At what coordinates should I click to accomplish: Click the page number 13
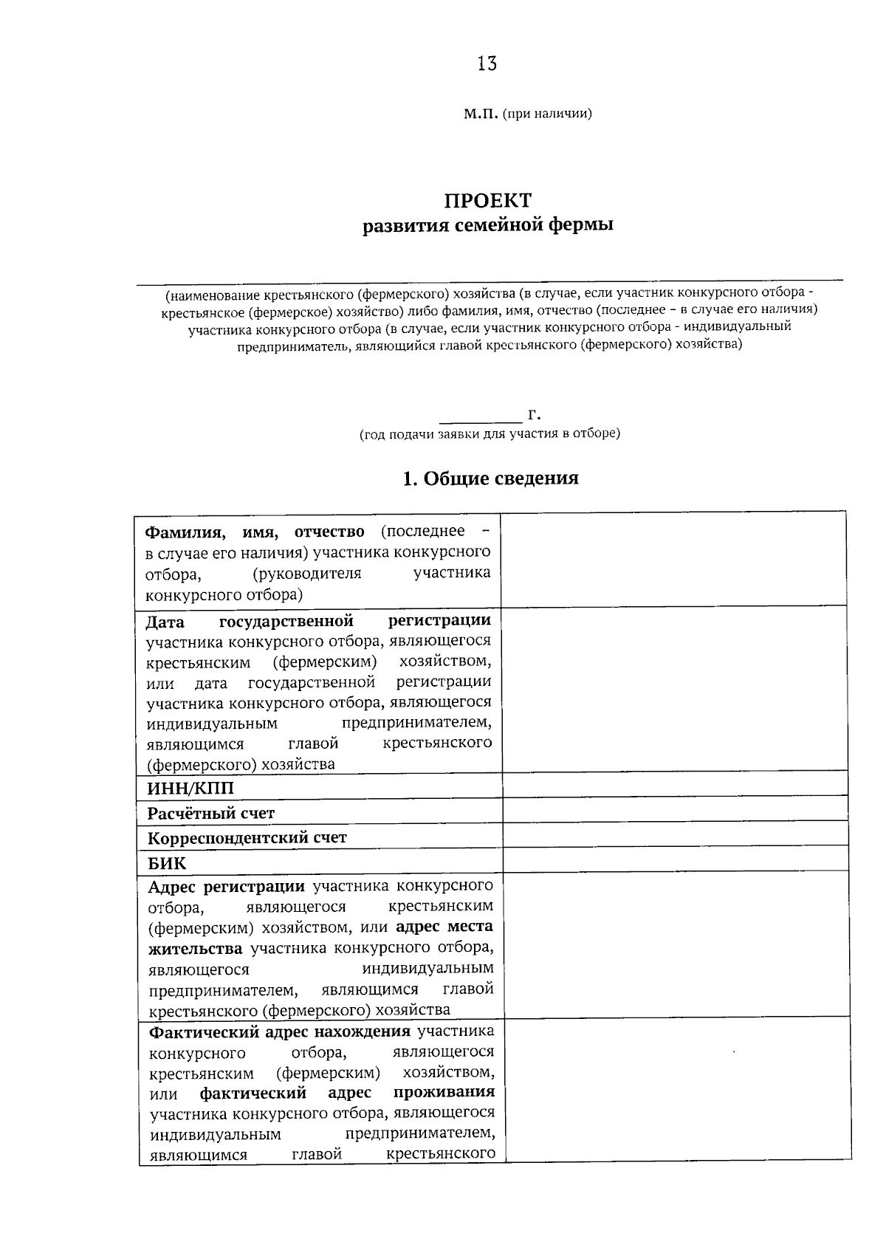click(x=487, y=64)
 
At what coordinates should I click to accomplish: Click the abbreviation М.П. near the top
click(x=480, y=114)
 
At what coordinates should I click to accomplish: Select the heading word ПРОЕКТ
click(x=487, y=201)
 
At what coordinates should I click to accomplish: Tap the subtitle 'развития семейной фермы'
click(x=487, y=224)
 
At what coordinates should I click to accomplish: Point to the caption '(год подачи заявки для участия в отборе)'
click(x=490, y=433)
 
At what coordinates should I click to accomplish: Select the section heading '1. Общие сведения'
click(x=490, y=478)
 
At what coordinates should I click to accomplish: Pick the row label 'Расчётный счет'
click(x=211, y=814)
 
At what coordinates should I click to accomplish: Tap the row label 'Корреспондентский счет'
click(x=247, y=838)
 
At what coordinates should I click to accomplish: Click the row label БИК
click(x=167, y=863)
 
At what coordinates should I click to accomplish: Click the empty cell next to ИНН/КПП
click(x=674, y=785)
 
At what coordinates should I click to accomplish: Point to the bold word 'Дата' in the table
click(x=165, y=622)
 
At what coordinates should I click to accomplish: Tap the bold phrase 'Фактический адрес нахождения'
click(x=280, y=1031)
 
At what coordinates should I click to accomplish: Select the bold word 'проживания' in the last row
click(x=444, y=1092)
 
